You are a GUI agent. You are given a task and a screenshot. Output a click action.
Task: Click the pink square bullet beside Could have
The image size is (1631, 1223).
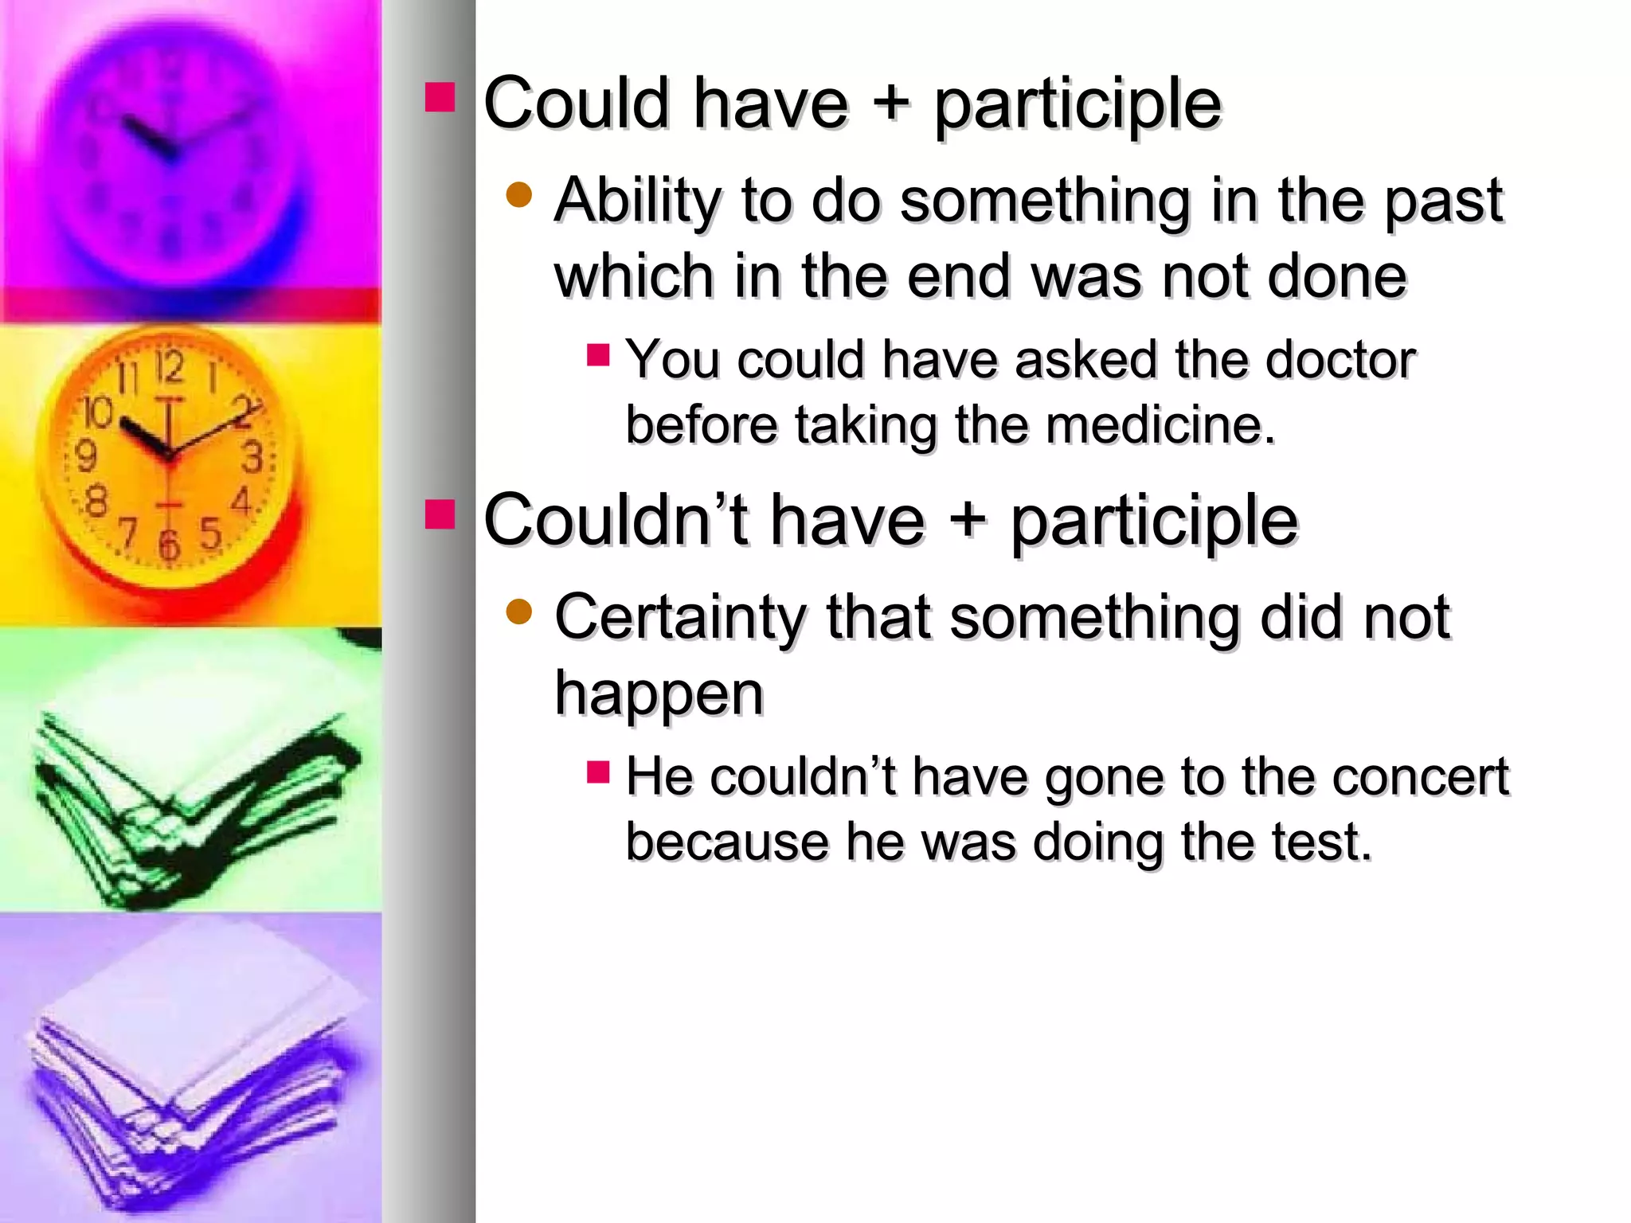440,97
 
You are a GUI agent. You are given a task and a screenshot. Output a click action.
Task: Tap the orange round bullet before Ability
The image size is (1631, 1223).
518,194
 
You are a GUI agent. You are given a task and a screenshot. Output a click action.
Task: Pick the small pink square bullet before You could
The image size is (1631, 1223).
597,354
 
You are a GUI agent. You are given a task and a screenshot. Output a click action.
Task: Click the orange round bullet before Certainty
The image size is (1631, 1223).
518,611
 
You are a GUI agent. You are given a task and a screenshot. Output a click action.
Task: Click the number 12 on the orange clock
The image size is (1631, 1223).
169,368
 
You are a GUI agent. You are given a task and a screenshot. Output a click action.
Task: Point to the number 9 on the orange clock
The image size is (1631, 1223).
85,455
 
